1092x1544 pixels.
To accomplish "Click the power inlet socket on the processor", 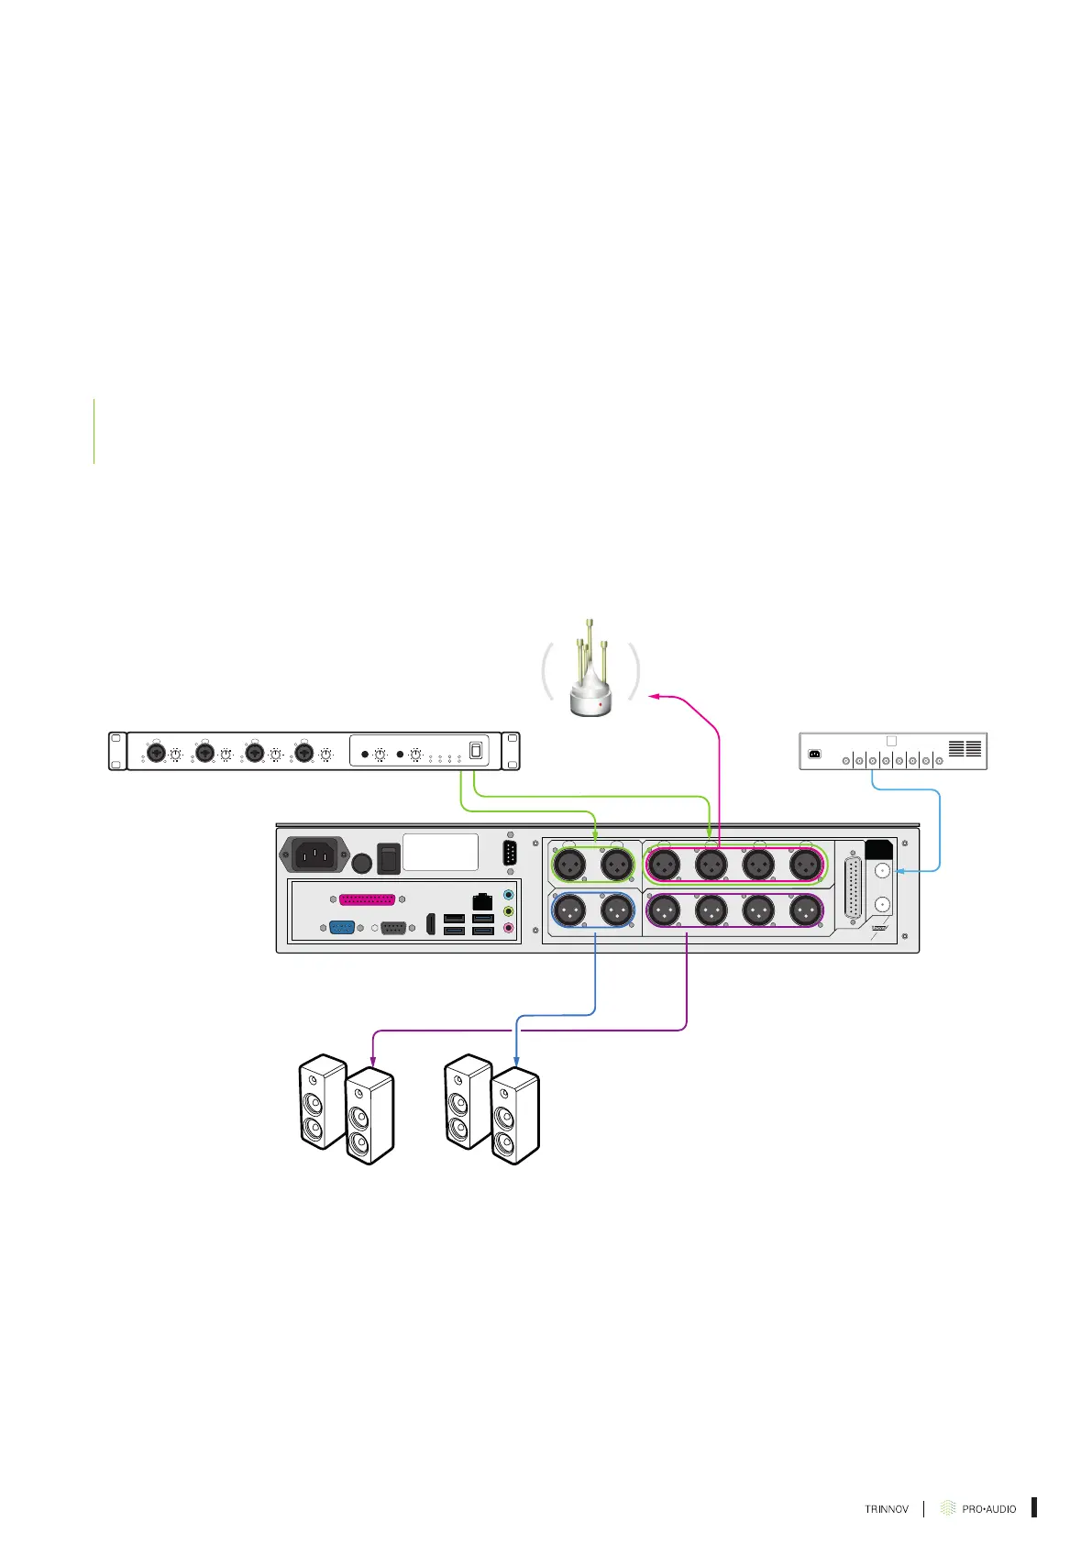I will pyautogui.click(x=314, y=856).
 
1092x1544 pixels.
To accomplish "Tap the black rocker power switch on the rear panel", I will pyautogui.click(x=389, y=859).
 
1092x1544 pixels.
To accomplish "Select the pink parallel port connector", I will pyautogui.click(x=367, y=899).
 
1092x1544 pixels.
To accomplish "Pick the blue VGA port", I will pyautogui.click(x=342, y=927).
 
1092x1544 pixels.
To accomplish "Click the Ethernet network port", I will pyautogui.click(x=482, y=900).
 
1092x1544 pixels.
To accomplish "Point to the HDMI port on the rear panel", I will pyautogui.click(x=431, y=923).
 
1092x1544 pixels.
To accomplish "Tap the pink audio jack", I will pyautogui.click(x=509, y=928).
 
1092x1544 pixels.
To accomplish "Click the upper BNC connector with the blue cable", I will pyautogui.click(x=882, y=871).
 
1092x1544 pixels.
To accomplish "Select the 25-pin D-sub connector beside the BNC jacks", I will pyautogui.click(x=853, y=888).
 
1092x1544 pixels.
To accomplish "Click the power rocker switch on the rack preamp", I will pyautogui.click(x=476, y=750).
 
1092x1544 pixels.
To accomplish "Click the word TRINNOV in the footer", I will pyautogui.click(x=887, y=1508).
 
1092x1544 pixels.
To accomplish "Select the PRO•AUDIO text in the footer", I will pyautogui.click(x=988, y=1508).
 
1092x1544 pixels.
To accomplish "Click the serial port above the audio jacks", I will pyautogui.click(x=511, y=853).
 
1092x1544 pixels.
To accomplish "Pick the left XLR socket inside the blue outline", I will pyautogui.click(x=570, y=910).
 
